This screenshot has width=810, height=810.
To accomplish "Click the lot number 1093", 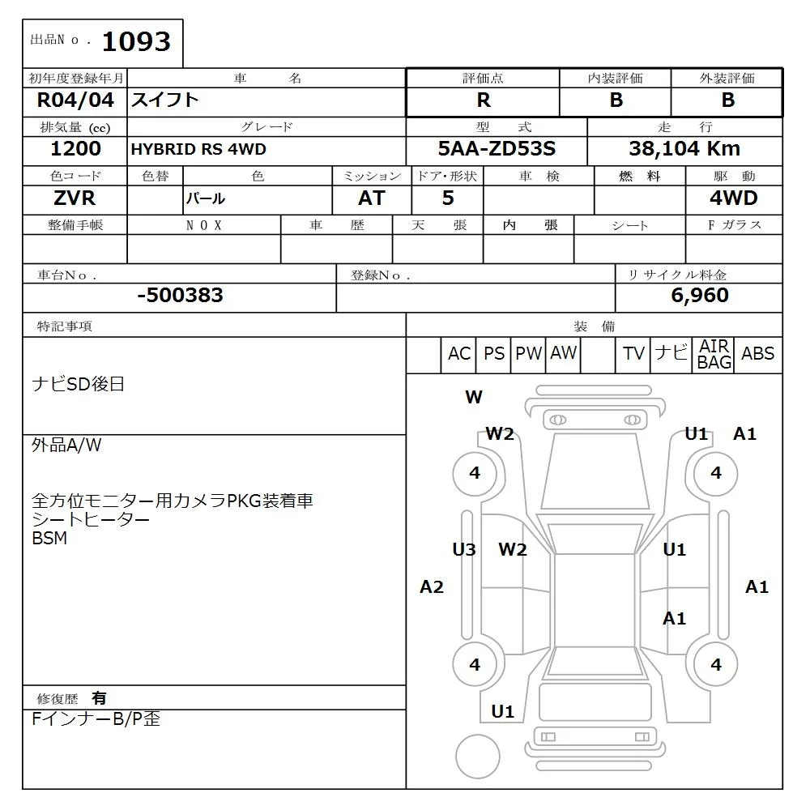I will pyautogui.click(x=137, y=42).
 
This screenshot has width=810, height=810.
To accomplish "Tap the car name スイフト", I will pyautogui.click(x=165, y=100).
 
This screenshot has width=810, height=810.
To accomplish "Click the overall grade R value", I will pyautogui.click(x=484, y=100).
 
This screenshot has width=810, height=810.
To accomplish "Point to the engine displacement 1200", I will pyautogui.click(x=75, y=149).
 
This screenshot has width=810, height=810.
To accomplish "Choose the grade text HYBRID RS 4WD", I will pyautogui.click(x=198, y=150).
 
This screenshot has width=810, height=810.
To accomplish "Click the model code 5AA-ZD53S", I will pyautogui.click(x=497, y=149).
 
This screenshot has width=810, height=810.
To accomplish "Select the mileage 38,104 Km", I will pyautogui.click(x=684, y=149).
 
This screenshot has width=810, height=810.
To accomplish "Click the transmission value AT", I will pyautogui.click(x=372, y=198).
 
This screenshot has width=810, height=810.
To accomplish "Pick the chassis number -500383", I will pyautogui.click(x=180, y=296).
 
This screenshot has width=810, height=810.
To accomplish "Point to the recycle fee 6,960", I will pyautogui.click(x=700, y=296).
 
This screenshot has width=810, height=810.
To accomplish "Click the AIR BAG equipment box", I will pyautogui.click(x=714, y=355).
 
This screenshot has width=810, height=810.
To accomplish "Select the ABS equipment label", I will pyautogui.click(x=758, y=354).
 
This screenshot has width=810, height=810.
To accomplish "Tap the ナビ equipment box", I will pyautogui.click(x=671, y=353).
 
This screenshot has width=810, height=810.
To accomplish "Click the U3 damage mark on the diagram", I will pyautogui.click(x=464, y=550).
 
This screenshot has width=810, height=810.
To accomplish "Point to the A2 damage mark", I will pyautogui.click(x=432, y=587).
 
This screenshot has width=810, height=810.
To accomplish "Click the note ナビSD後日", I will pyautogui.click(x=79, y=384).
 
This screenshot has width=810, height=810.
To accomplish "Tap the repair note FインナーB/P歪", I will pyautogui.click(x=96, y=719).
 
